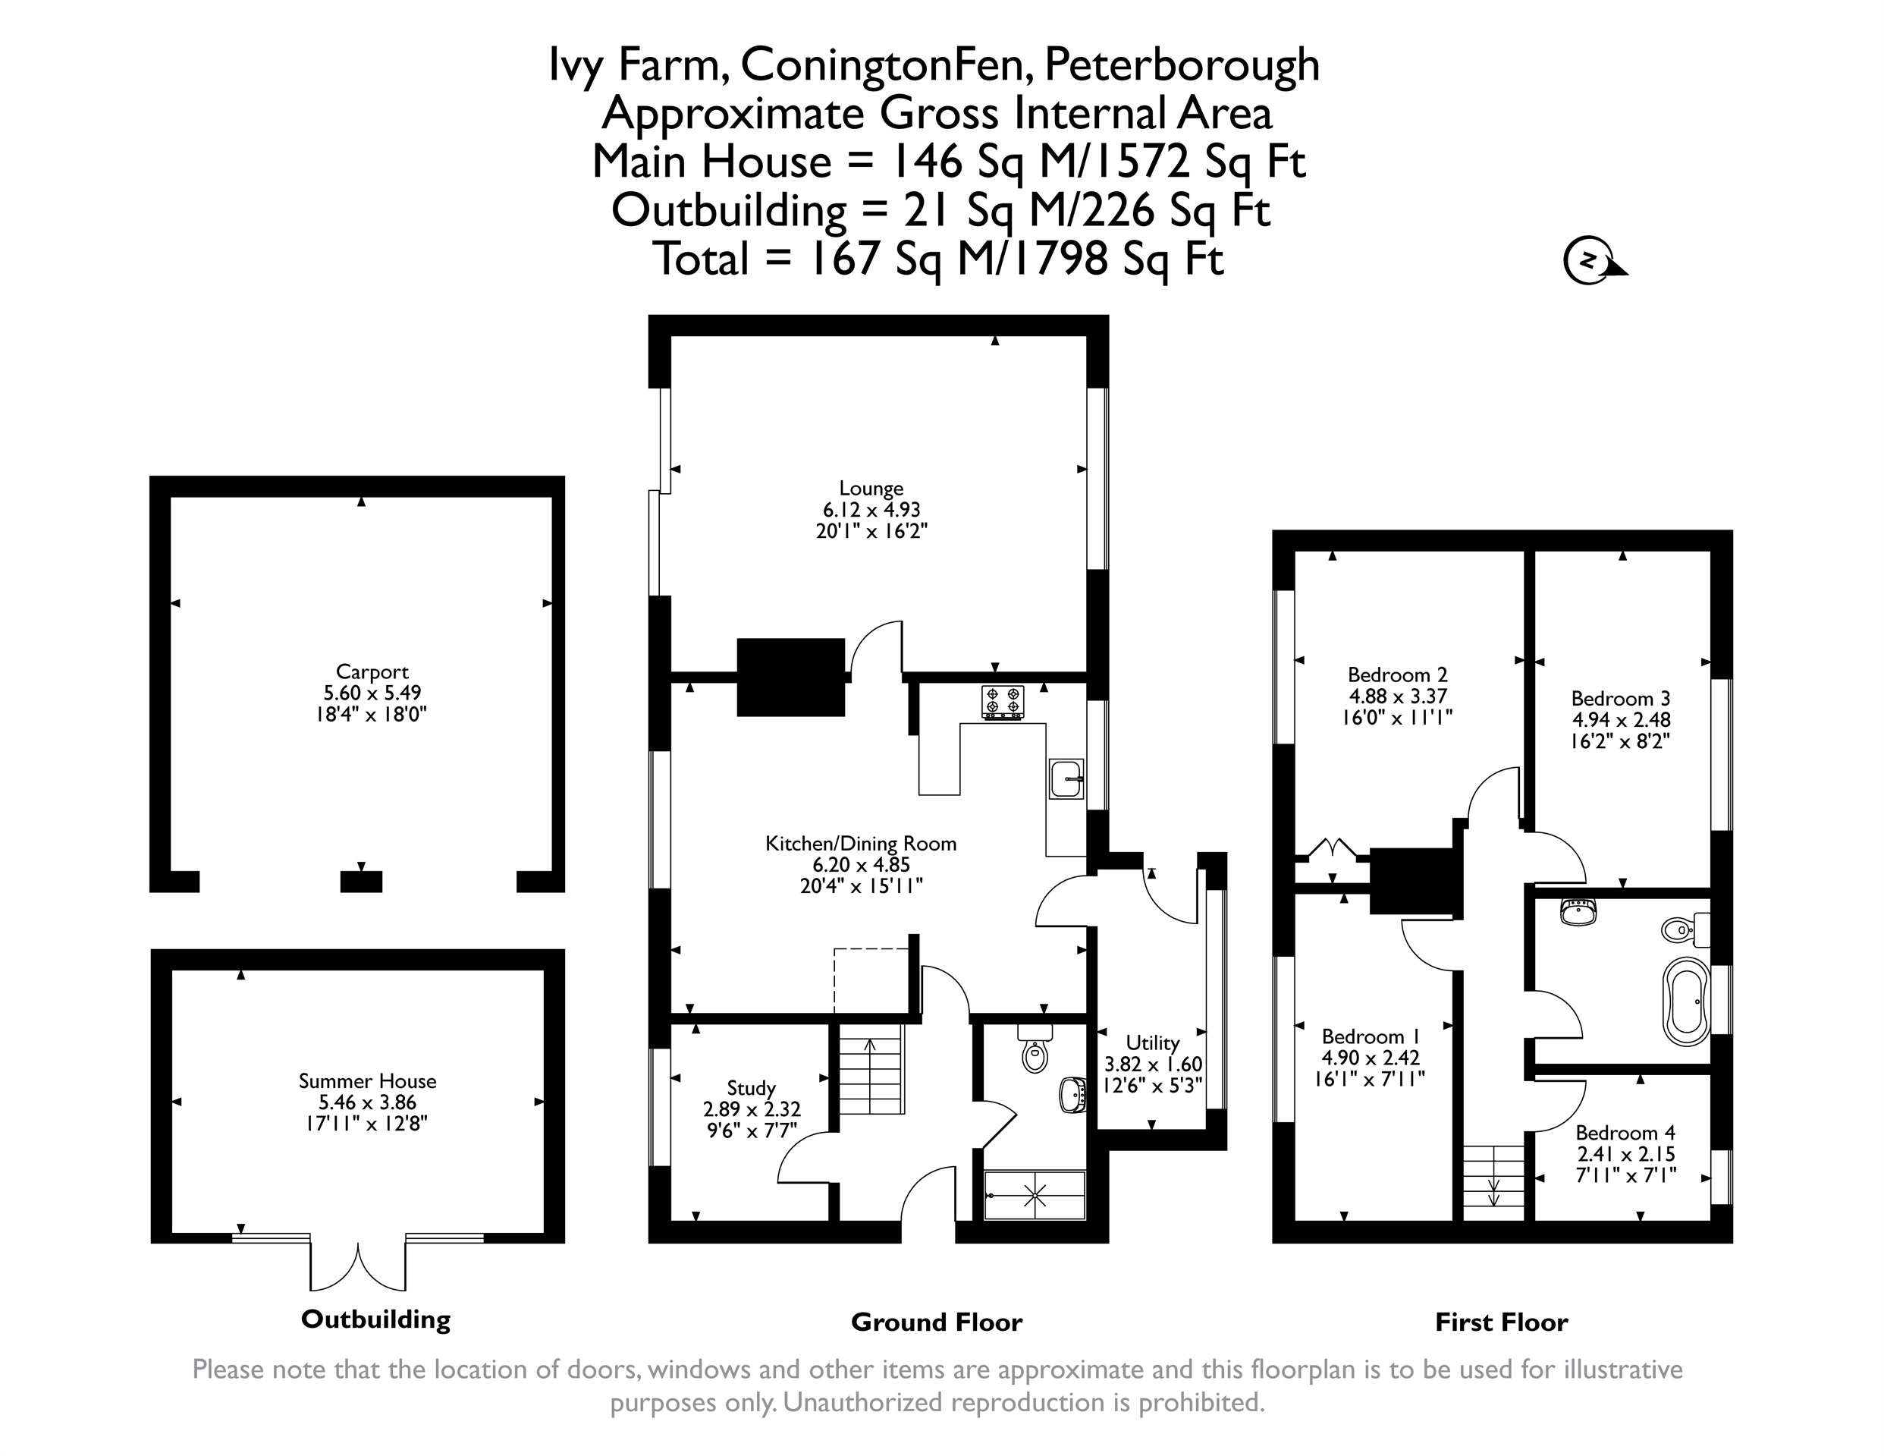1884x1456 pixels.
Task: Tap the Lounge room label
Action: [x=871, y=489]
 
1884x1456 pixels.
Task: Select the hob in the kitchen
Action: [x=1003, y=703]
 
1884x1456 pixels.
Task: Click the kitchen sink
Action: [x=1067, y=779]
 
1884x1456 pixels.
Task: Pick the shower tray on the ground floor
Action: [x=1035, y=1195]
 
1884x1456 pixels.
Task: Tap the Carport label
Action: [x=372, y=671]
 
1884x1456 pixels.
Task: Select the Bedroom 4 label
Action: [x=1625, y=1132]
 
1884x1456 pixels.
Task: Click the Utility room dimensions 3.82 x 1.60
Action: [x=1154, y=1065]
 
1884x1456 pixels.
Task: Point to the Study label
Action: [x=752, y=1088]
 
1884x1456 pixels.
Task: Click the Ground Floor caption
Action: [x=937, y=1322]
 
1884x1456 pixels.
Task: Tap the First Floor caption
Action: [x=1502, y=1322]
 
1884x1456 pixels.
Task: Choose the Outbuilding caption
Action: [x=376, y=1319]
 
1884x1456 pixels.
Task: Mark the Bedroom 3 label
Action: [x=1621, y=698]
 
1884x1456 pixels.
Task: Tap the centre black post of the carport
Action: [x=362, y=882]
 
